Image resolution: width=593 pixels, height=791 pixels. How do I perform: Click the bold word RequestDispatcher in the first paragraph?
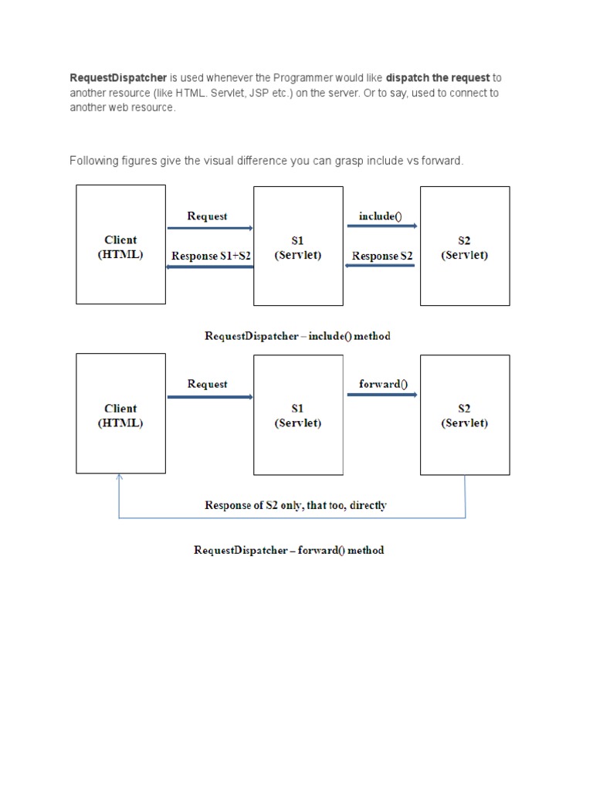click(x=118, y=78)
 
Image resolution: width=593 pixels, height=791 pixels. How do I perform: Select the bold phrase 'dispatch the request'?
click(x=438, y=78)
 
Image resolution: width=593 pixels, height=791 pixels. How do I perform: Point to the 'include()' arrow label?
click(x=381, y=216)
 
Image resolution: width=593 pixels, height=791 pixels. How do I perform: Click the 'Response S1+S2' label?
click(x=211, y=256)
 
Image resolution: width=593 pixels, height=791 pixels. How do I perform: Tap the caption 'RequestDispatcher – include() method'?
click(x=297, y=336)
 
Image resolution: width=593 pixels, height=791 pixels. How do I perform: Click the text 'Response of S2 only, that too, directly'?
click(x=296, y=506)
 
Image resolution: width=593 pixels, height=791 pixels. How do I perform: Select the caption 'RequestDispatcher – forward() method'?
click(x=288, y=551)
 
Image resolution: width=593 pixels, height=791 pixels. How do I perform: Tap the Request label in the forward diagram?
click(x=207, y=384)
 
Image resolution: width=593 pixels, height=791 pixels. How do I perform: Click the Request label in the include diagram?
click(x=207, y=216)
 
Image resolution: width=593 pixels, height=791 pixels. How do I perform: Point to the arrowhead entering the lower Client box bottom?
click(x=118, y=478)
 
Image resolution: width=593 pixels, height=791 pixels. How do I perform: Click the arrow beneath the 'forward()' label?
click(x=382, y=395)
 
